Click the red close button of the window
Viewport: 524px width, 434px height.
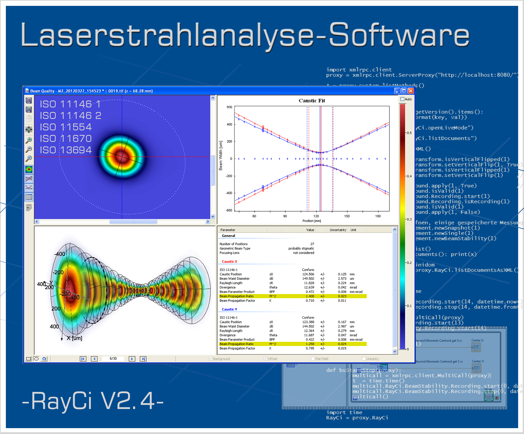pos(411,91)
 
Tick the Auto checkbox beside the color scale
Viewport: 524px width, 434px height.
pos(402,99)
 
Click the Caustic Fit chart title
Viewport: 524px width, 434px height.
pos(312,101)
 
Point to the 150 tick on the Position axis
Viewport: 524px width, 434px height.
pos(347,216)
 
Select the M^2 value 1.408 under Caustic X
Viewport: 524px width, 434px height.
pos(310,296)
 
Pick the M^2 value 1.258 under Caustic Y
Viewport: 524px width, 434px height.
pos(310,344)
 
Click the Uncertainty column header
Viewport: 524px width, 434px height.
pos(338,230)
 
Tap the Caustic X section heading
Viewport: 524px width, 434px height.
pos(229,262)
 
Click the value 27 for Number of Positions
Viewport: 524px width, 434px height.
pos(312,244)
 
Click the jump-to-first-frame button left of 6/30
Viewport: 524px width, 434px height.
pos(83,359)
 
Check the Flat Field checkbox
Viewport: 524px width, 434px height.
pos(313,359)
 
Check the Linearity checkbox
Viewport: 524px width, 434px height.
pos(364,359)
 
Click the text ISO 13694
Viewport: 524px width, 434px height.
pos(66,150)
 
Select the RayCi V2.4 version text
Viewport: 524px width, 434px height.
pos(93,401)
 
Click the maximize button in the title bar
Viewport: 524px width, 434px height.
pos(404,91)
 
